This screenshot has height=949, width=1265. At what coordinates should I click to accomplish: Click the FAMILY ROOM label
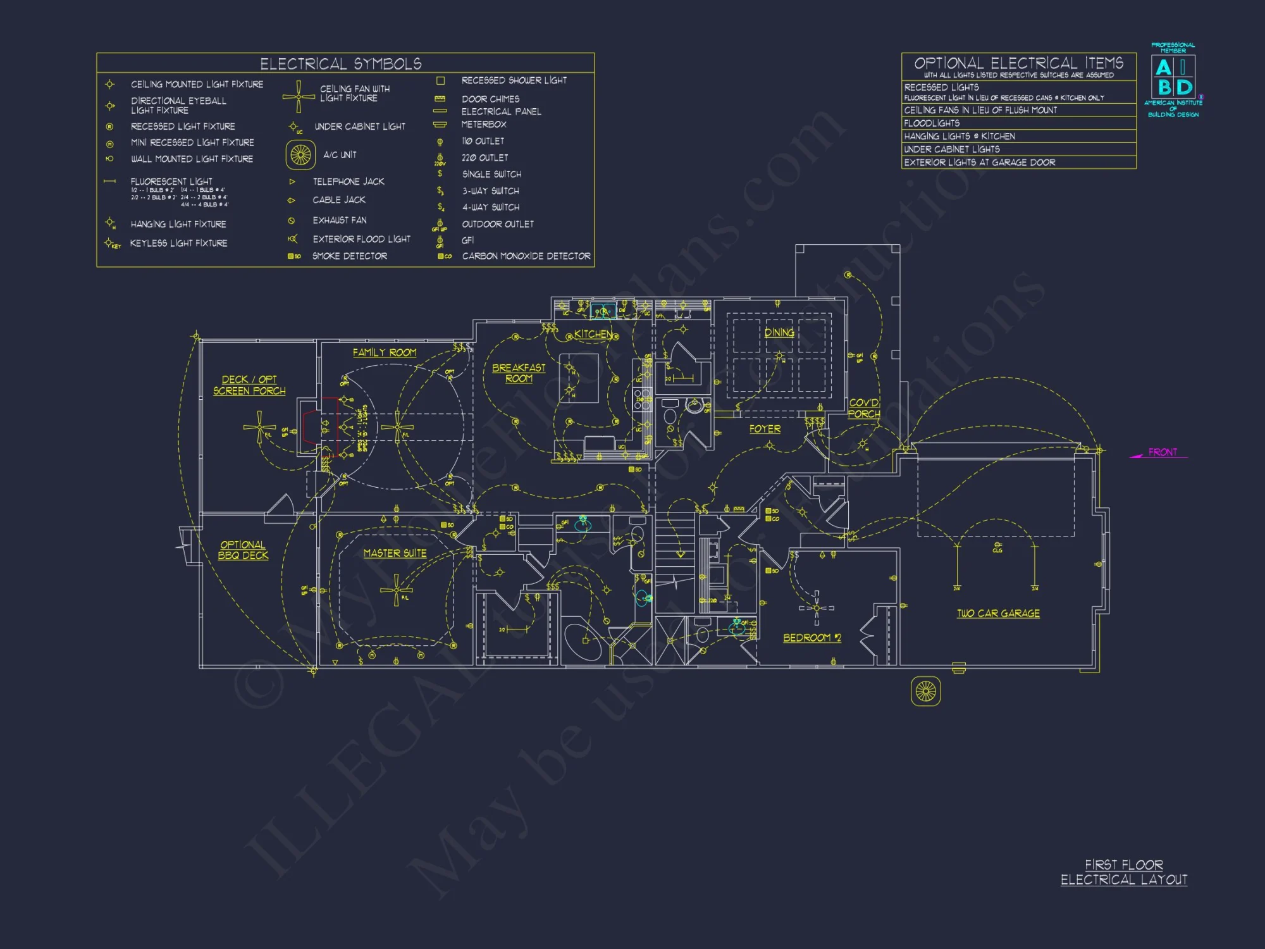tap(385, 352)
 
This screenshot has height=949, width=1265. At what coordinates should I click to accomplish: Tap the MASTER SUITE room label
tap(395, 553)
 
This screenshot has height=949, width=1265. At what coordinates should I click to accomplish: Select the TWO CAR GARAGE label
tap(998, 613)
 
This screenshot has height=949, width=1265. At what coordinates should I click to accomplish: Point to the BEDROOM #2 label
tap(812, 638)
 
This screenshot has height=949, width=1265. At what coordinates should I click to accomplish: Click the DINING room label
tap(779, 332)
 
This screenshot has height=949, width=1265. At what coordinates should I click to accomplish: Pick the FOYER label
tap(765, 429)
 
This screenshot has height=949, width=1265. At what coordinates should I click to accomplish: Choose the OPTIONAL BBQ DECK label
tap(243, 550)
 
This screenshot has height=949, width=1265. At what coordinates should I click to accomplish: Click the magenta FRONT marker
tap(1162, 452)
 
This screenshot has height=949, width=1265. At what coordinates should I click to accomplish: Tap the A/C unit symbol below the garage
tap(925, 691)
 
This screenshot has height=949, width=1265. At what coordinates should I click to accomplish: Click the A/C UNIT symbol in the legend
tap(300, 154)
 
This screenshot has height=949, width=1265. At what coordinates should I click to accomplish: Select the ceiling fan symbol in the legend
tap(299, 96)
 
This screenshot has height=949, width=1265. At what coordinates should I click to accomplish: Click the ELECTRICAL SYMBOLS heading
tap(341, 64)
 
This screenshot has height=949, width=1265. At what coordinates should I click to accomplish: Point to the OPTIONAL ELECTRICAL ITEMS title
tap(1018, 63)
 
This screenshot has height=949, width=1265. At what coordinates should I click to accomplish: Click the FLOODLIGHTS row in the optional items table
tap(932, 123)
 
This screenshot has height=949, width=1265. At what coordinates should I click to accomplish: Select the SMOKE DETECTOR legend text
tap(349, 256)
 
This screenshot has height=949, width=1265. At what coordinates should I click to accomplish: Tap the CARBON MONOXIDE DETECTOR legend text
tap(526, 256)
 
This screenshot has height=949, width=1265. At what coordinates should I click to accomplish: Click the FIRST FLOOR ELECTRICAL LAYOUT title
tap(1123, 872)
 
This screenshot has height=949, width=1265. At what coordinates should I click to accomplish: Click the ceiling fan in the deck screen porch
tap(259, 427)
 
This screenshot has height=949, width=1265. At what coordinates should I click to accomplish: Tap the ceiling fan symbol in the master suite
tap(397, 590)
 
